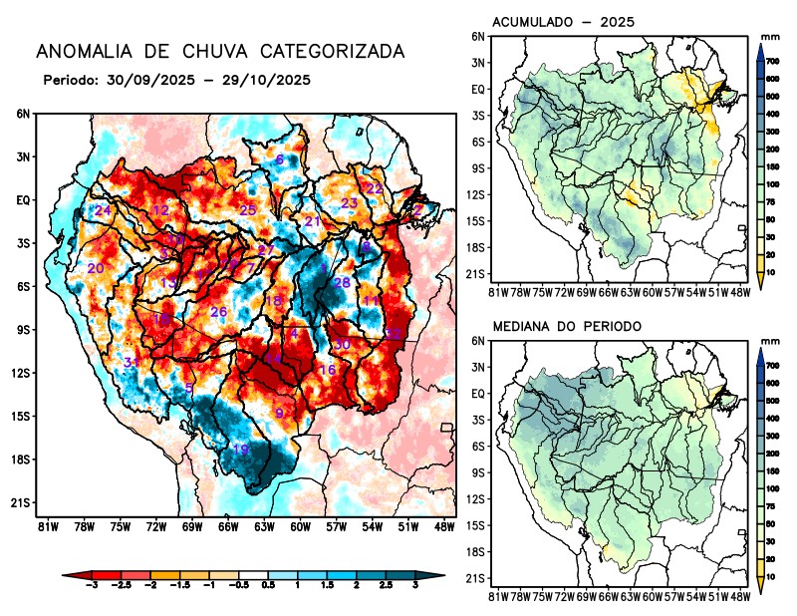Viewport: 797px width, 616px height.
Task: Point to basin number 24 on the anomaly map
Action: click(x=103, y=210)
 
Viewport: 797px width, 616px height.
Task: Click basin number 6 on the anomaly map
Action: click(x=280, y=159)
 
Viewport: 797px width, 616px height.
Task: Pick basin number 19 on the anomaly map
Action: click(x=240, y=450)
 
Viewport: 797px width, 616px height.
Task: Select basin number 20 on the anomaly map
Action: click(x=96, y=269)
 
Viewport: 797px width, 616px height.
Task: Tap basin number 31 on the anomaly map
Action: click(x=132, y=362)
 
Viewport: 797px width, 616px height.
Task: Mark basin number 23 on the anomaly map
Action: click(x=349, y=203)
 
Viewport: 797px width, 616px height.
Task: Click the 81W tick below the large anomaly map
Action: click(x=46, y=526)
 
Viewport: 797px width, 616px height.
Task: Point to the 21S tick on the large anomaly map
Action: click(x=22, y=503)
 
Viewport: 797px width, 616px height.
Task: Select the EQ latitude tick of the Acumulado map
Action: click(x=478, y=89)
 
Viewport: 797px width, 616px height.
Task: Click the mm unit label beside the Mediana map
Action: click(x=769, y=341)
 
